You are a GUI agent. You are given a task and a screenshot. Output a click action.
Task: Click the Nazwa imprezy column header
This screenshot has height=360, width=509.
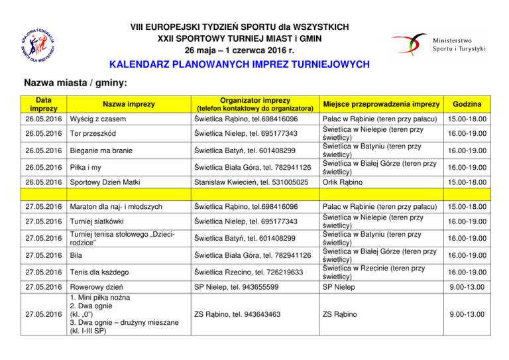click(x=128, y=104)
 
